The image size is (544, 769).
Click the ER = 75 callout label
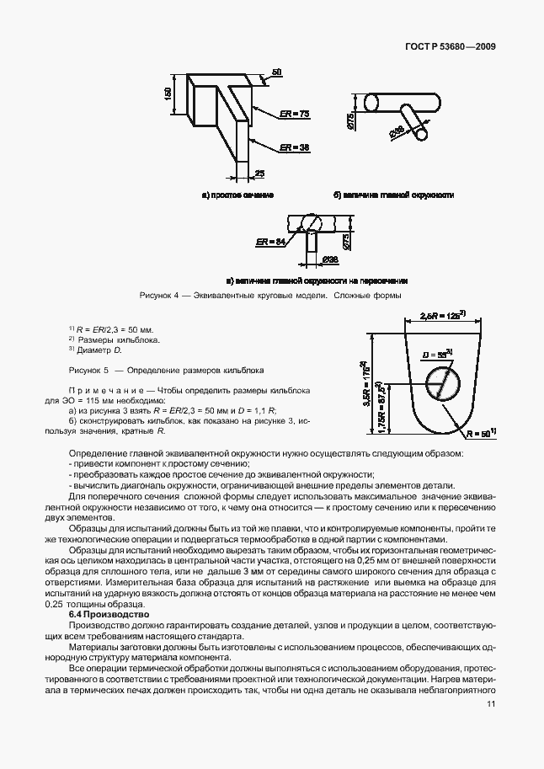tap(295, 113)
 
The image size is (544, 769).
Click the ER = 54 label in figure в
tap(269, 242)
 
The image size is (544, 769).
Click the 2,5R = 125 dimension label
tap(441, 318)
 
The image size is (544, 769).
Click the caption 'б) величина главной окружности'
tap(393, 195)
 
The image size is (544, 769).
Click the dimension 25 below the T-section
tap(260, 173)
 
